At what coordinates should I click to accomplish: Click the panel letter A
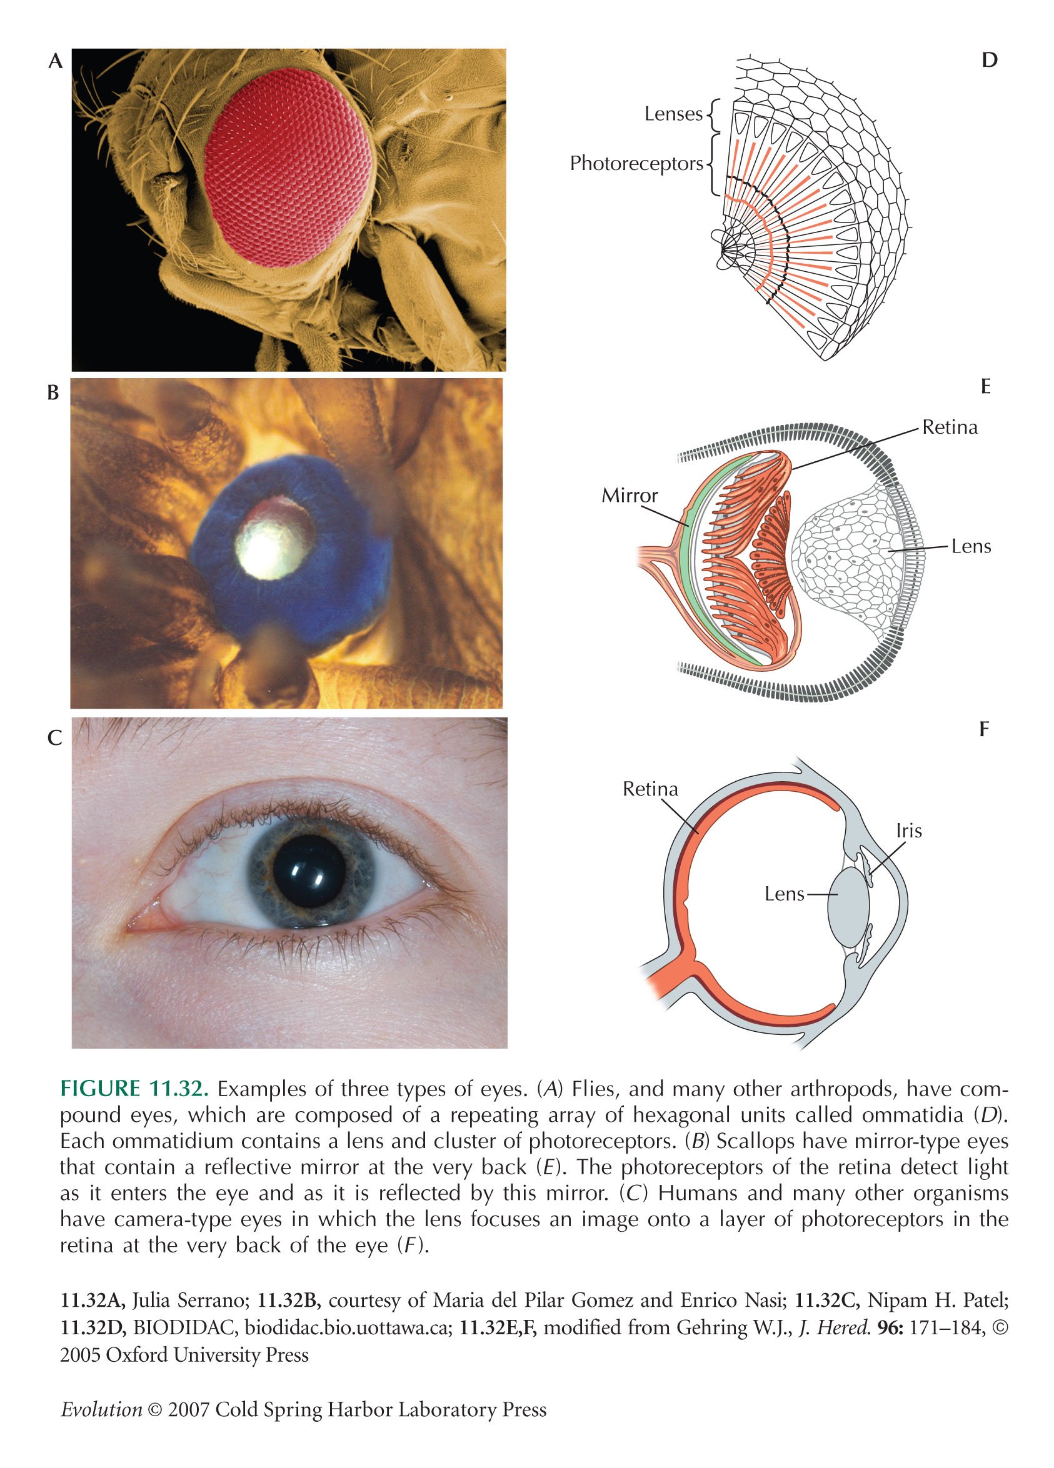click(56, 61)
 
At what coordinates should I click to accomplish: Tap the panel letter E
click(986, 387)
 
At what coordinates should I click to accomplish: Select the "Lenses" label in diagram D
click(673, 114)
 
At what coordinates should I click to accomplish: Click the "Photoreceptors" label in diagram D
click(636, 164)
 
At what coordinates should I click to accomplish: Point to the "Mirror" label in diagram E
click(630, 496)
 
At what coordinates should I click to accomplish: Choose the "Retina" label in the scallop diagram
click(950, 427)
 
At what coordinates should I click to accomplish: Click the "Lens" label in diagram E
click(971, 546)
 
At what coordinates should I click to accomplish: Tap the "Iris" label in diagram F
click(909, 830)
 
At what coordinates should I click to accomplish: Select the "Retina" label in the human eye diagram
click(651, 789)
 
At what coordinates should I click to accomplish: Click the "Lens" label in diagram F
click(785, 894)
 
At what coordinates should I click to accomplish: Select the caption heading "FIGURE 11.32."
click(134, 1089)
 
